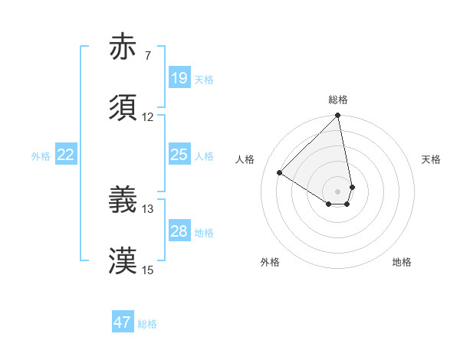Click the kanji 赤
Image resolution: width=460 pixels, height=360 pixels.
point(123,47)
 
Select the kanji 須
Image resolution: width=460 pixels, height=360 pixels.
point(123,108)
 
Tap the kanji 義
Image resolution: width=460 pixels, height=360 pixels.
point(123,200)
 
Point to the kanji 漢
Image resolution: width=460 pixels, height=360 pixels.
point(123,260)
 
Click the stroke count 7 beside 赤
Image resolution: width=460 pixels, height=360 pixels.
point(147,56)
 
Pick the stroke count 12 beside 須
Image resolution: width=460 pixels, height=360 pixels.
point(147,117)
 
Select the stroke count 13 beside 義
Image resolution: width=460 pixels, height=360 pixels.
point(147,208)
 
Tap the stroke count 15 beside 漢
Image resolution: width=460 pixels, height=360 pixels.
point(147,270)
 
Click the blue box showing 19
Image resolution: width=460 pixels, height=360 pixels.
point(179,78)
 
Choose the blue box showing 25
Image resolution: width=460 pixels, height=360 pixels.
point(179,155)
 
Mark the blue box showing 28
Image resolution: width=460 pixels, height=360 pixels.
point(179,231)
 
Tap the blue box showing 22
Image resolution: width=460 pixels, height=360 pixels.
point(65,155)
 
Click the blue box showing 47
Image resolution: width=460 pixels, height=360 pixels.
point(123,322)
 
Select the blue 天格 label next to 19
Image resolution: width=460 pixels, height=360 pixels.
point(204,80)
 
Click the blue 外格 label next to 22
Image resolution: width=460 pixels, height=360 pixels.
point(41,156)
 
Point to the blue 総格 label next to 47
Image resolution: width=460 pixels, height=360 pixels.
point(147,324)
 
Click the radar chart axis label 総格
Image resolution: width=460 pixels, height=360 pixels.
point(338,100)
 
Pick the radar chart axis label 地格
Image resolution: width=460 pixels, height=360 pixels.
point(402,262)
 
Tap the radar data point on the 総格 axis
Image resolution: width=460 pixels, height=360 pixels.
point(338,116)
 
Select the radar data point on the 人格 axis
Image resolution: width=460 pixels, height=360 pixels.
point(280,173)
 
